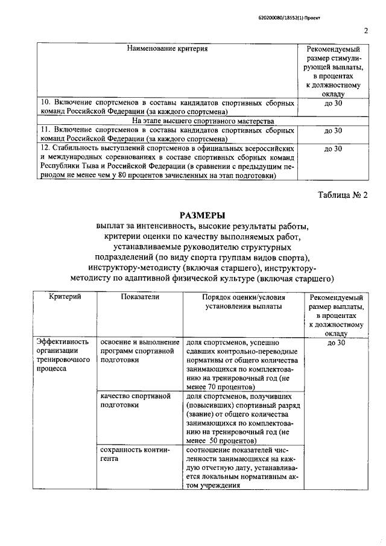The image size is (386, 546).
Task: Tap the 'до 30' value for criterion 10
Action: coord(333,104)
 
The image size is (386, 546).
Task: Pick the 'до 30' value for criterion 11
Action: coord(333,130)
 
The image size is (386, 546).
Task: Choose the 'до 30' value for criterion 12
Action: coord(333,148)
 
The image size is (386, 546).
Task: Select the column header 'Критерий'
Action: coord(63,297)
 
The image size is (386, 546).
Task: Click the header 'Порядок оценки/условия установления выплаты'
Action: coord(243,302)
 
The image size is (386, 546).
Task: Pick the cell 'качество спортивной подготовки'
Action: coord(136,401)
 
